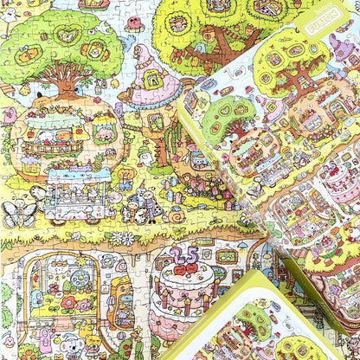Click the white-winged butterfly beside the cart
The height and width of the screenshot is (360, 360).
coord(19,212)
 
